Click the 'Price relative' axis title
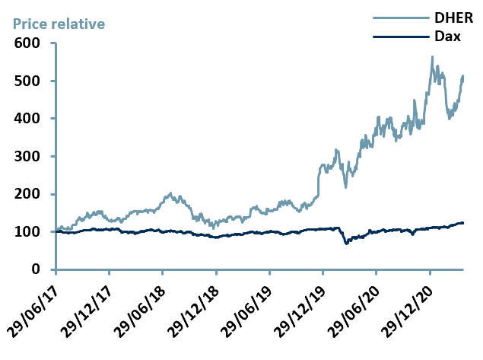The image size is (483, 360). click(57, 24)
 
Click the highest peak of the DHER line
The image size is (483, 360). click(432, 56)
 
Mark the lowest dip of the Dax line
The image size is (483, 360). click(346, 244)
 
